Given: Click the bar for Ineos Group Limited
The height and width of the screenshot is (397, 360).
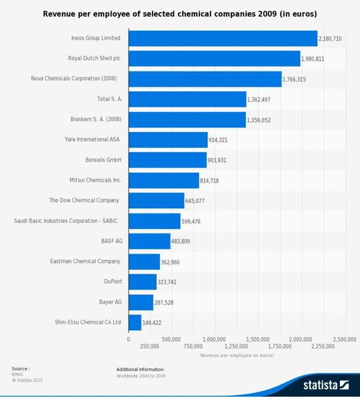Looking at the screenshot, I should tap(223, 38).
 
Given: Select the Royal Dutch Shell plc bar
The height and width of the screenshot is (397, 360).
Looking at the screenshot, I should tap(214, 59).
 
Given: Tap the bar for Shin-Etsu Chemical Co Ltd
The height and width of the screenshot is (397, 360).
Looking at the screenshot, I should tap(135, 322).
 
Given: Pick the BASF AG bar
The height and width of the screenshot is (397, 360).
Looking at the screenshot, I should tap(149, 241).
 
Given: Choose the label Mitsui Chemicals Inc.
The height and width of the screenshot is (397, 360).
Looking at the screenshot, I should tap(95, 180).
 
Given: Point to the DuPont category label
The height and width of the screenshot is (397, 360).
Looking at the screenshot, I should tap(113, 282).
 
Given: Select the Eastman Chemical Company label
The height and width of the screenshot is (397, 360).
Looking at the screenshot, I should tap(85, 261).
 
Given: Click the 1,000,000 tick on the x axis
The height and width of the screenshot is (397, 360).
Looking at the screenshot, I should tap(215, 339).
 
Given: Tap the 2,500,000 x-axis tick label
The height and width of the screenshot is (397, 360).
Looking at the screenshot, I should tap(344, 339).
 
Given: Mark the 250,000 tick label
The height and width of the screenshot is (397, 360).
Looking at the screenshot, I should tap(150, 346).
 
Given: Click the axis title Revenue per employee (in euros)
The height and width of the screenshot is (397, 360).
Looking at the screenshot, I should tap(237, 355).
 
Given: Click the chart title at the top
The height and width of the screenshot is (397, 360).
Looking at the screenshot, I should tap(180, 13).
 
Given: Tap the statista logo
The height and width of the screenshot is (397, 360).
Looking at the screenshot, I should tap(326, 384).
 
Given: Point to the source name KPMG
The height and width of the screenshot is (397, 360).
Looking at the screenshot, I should tap(17, 374).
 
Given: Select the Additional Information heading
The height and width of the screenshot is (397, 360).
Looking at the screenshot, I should tap(140, 369).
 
